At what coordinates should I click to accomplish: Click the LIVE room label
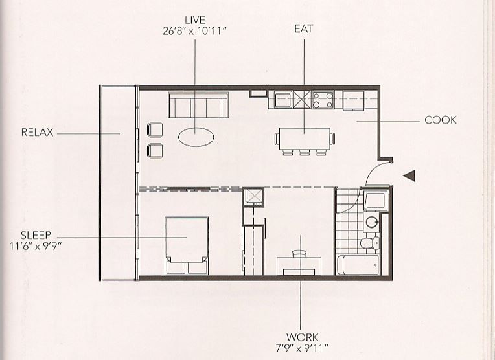point(195,20)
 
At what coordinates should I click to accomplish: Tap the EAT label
point(304,28)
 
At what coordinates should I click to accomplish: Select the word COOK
point(441,120)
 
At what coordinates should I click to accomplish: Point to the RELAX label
point(37,132)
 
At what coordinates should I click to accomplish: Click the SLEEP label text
point(36,235)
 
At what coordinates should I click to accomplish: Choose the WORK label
point(303,337)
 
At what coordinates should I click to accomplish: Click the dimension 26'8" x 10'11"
point(195,31)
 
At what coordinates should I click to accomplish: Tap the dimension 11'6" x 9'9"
point(35,246)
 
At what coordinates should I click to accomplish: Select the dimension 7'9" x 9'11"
point(302,348)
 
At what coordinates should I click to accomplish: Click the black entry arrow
point(409,175)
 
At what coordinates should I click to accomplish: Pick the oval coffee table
point(196,137)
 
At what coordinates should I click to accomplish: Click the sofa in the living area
point(198,105)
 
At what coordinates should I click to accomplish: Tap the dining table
point(305,139)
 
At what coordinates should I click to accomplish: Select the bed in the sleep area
point(187,245)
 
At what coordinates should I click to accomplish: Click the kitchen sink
point(282,100)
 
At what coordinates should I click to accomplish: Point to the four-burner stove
point(323,100)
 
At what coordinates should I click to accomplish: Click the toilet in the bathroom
point(370,243)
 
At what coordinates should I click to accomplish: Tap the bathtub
point(358,265)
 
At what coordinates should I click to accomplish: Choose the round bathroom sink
point(372,222)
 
